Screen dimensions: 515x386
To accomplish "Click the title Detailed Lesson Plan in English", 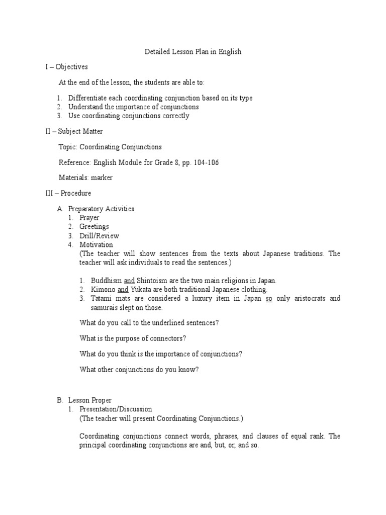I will (193, 52).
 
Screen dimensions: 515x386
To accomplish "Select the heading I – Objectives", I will (66, 66).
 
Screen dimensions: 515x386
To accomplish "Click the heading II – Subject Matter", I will (72, 131).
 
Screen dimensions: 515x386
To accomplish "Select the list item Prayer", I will (89, 218).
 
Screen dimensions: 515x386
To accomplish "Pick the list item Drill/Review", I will (99, 235).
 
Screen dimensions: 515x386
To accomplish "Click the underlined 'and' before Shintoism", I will (129, 281).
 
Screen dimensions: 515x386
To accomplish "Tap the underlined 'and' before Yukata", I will (123, 290).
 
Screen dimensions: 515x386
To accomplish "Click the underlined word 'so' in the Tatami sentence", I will (269, 298).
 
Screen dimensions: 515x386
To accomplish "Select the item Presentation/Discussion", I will (116, 409).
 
